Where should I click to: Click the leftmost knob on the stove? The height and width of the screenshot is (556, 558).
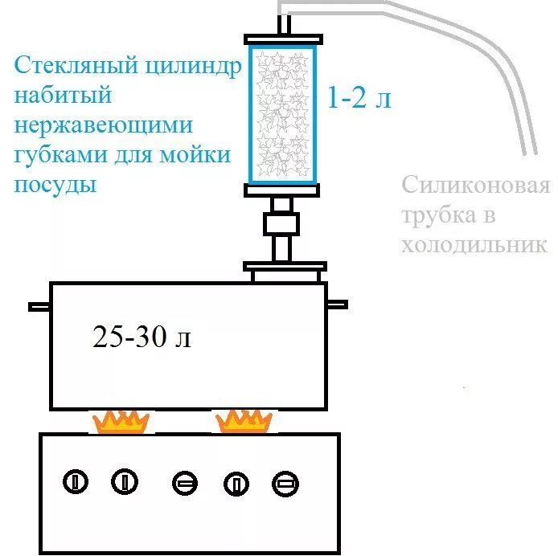click(x=74, y=482)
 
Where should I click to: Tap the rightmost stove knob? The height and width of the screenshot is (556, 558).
click(x=285, y=484)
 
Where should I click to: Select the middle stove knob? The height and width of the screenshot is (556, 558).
click(x=184, y=484)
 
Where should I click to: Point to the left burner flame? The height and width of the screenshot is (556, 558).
click(x=121, y=421)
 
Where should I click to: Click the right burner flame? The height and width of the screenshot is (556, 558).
click(x=243, y=420)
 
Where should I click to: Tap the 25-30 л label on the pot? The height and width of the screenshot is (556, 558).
click(x=142, y=338)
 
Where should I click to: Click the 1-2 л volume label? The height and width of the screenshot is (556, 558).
click(x=359, y=99)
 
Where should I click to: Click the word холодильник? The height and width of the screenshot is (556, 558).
click(x=474, y=244)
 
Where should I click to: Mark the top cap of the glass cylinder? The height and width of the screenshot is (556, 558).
click(x=285, y=38)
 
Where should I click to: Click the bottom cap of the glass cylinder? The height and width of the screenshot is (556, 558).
click(x=285, y=190)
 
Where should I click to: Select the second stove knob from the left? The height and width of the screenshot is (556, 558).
click(x=125, y=482)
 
